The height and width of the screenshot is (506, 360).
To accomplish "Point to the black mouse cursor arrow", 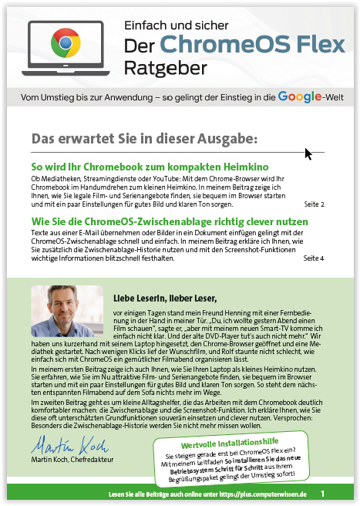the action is coord(308,153).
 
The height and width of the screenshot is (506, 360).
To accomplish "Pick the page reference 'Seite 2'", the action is coord(314,204).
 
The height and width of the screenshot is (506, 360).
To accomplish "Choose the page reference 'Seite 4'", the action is coord(314,258).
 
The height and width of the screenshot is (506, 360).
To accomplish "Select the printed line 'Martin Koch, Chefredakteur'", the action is coord(74,461).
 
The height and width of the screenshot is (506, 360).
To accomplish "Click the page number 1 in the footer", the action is coord(322,493).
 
